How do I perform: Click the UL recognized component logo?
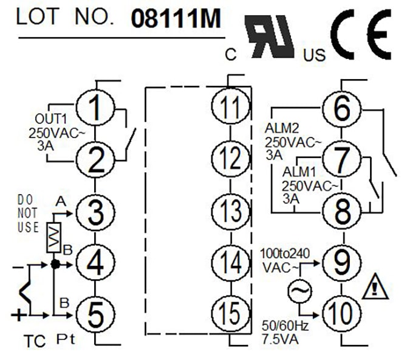pos(268,36)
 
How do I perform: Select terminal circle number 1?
pos(95,108)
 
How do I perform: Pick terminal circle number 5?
pos(95,314)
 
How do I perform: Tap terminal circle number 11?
pos(230,108)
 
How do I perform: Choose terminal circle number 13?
pos(230,211)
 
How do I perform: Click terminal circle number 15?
pos(230,314)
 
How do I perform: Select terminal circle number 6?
pos(342,108)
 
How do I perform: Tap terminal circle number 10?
pos(342,314)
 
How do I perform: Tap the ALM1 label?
pos(298,171)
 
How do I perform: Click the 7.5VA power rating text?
pos(282,339)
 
